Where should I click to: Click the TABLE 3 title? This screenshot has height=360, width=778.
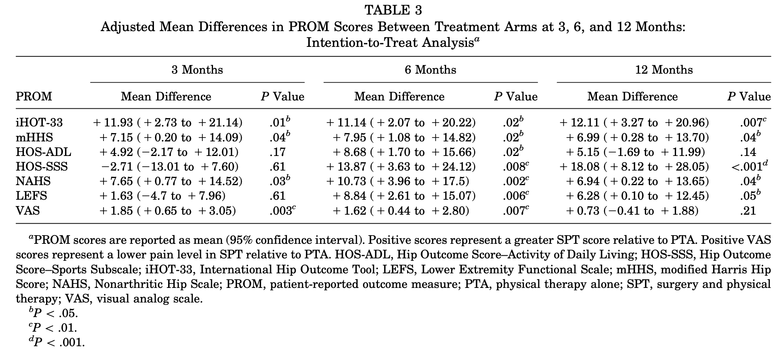[393, 10]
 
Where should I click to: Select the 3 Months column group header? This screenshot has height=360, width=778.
[197, 70]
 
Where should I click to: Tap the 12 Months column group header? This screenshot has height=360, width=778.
[664, 70]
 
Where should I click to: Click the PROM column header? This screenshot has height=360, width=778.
[34, 96]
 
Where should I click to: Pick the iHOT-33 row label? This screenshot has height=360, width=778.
[39, 122]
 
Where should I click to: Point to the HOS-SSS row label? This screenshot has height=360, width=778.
[42, 167]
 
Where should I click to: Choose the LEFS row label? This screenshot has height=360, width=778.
[31, 196]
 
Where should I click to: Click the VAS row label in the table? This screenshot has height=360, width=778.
[28, 211]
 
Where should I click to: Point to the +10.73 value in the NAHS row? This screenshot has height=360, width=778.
[346, 181]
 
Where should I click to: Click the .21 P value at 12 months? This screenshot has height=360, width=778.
[748, 211]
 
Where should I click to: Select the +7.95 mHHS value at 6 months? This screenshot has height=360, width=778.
[350, 137]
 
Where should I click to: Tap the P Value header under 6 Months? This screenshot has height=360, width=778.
[516, 96]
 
